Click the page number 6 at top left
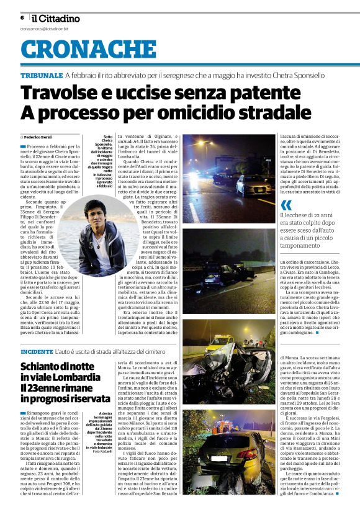pyautogui.click(x=22, y=18)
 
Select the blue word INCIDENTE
pyautogui.click(x=37, y=351)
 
